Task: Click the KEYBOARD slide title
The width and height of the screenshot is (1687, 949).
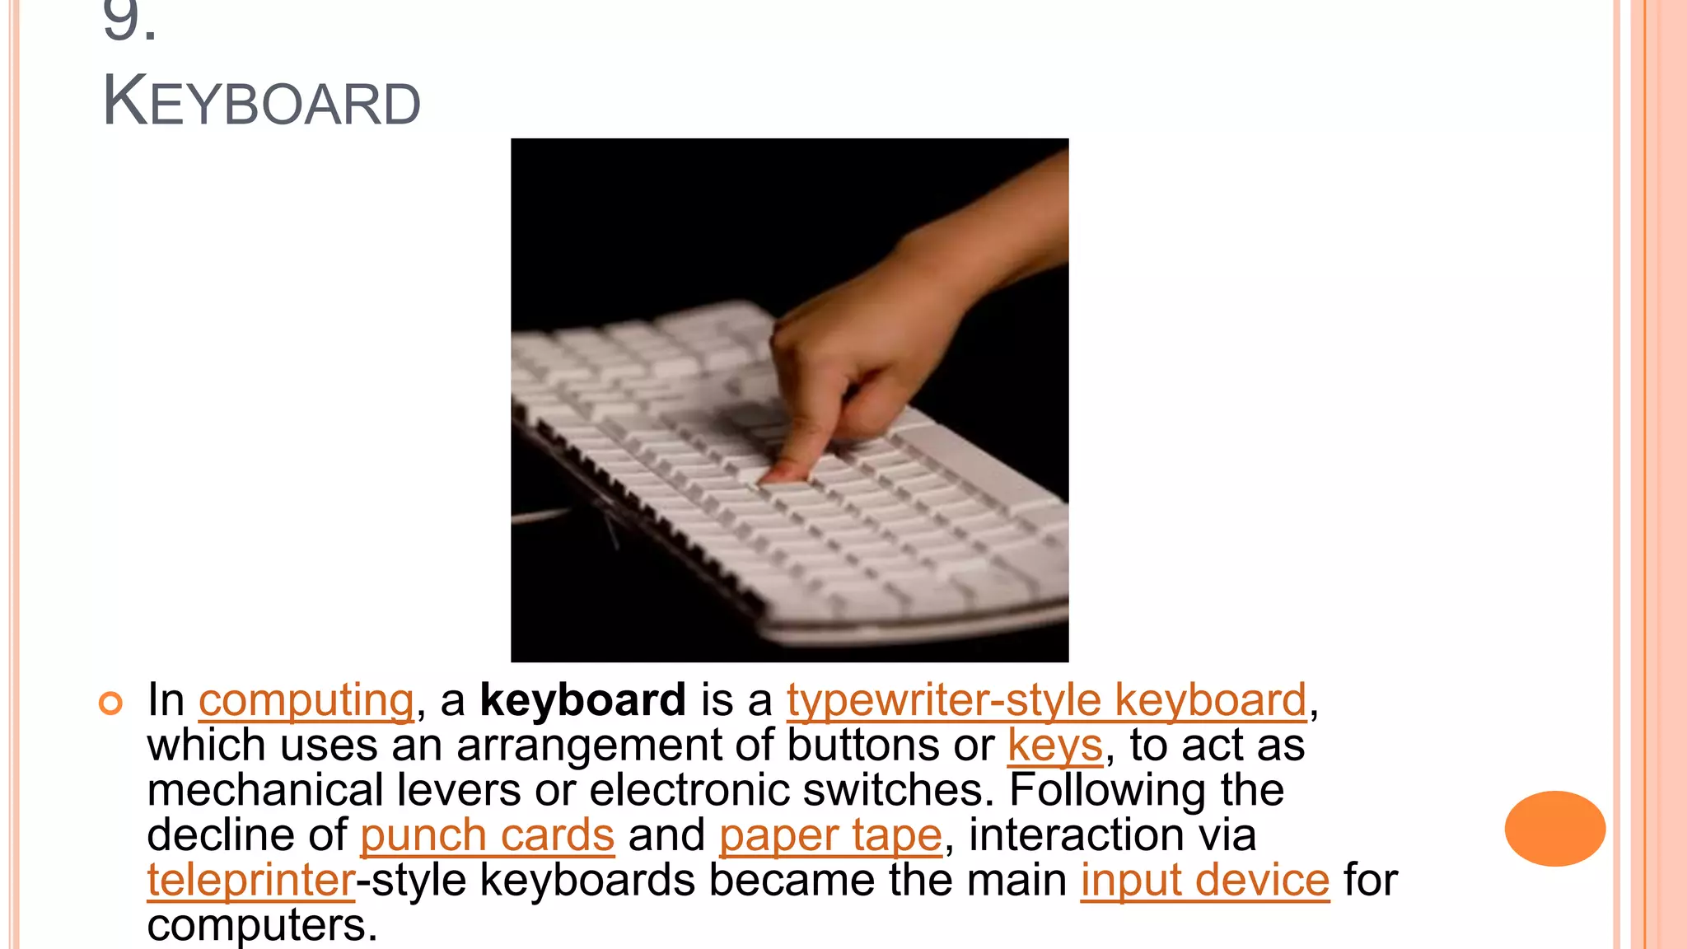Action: point(261,102)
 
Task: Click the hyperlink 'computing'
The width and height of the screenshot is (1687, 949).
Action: point(306,700)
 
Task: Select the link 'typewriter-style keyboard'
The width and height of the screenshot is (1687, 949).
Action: point(1046,700)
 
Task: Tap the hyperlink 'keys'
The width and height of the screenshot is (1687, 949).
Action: point(1054,746)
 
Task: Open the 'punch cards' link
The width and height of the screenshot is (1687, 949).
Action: point(487,835)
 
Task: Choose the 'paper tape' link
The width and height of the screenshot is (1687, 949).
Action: point(830,835)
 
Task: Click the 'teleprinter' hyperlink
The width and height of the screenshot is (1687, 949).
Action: point(251,880)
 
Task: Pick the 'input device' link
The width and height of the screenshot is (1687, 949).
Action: point(1205,880)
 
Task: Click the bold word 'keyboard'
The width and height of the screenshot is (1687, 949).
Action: point(582,700)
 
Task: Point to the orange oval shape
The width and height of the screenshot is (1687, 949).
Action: point(1554,828)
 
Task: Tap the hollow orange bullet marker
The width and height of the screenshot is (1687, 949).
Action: point(110,703)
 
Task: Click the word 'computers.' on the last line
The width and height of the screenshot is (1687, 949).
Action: point(262,925)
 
